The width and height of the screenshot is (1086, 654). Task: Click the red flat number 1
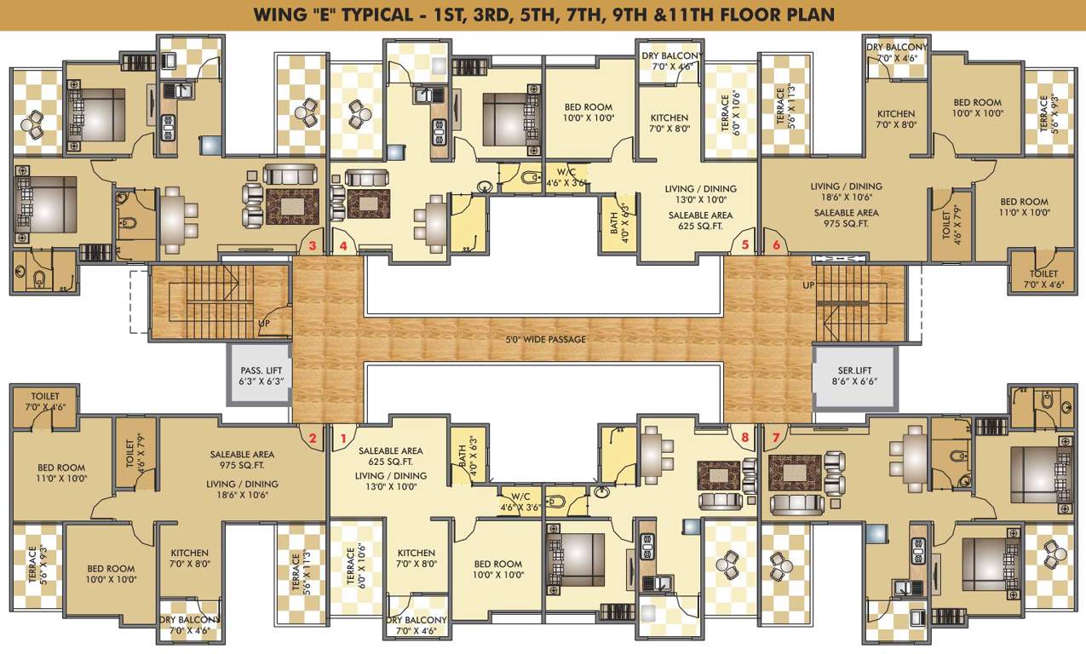click(x=343, y=439)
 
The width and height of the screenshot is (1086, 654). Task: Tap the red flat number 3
click(x=313, y=246)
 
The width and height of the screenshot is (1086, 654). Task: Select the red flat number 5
click(x=745, y=246)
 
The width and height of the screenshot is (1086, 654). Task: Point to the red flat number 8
click(x=745, y=438)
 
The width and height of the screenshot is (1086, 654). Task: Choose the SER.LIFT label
click(x=854, y=370)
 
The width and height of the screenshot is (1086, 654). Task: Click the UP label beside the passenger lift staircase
click(x=265, y=324)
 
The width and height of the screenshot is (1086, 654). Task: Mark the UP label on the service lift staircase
click(x=808, y=285)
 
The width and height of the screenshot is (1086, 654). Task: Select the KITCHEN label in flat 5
click(x=669, y=118)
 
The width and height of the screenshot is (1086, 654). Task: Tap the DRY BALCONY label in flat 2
click(x=189, y=619)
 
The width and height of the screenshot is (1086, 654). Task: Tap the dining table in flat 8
click(x=653, y=450)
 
